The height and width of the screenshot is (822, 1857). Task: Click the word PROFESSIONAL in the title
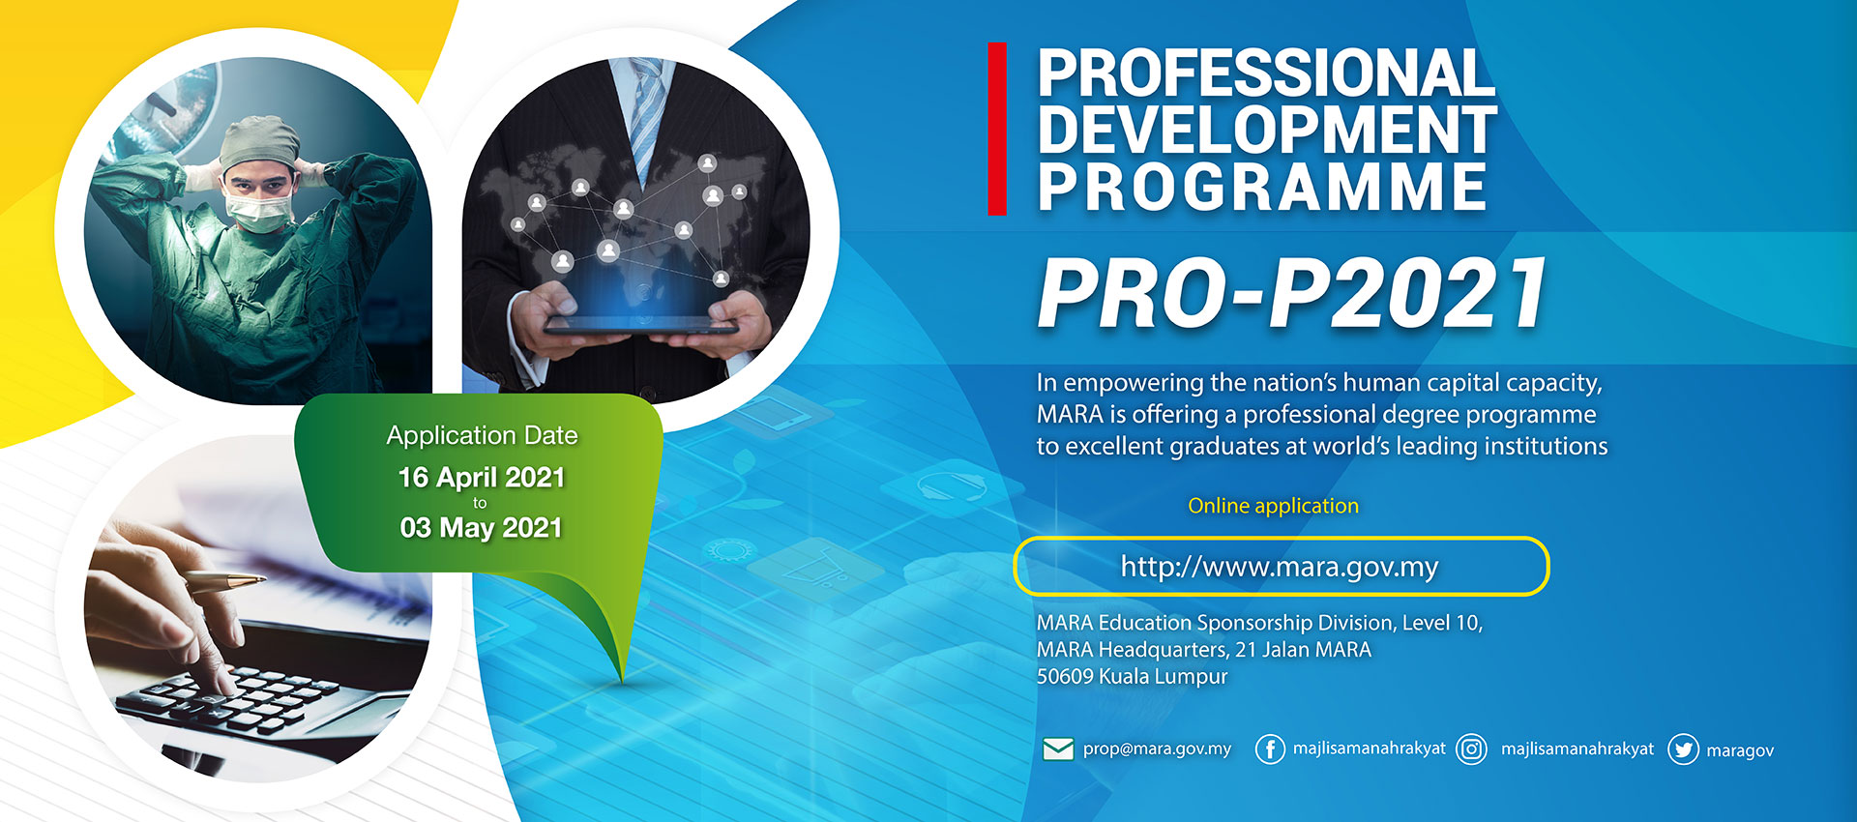tap(1266, 73)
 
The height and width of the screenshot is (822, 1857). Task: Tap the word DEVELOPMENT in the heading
tap(1267, 130)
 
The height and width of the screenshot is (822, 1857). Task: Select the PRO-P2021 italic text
tap(1292, 293)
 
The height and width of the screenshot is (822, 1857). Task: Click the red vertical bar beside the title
tap(997, 129)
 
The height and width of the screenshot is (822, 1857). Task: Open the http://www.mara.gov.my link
tap(1280, 566)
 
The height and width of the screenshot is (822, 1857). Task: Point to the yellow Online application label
tap(1273, 506)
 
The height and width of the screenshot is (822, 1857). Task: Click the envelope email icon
tap(1058, 749)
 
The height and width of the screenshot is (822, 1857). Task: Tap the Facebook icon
tap(1270, 749)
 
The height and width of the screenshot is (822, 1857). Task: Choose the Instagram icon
tap(1471, 749)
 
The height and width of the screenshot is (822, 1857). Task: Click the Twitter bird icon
tap(1683, 749)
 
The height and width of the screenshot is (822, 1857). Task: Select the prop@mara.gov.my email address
tap(1157, 749)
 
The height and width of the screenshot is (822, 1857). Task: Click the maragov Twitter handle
tap(1740, 750)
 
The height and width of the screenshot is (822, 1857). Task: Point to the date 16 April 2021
tap(482, 478)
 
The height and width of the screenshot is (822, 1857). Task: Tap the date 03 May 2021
tap(482, 528)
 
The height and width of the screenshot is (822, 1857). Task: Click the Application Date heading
tap(482, 436)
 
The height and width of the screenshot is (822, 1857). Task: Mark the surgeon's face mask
tap(258, 211)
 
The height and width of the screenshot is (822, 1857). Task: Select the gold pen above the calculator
tap(224, 580)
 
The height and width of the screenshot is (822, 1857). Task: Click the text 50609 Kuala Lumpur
tap(1132, 677)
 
